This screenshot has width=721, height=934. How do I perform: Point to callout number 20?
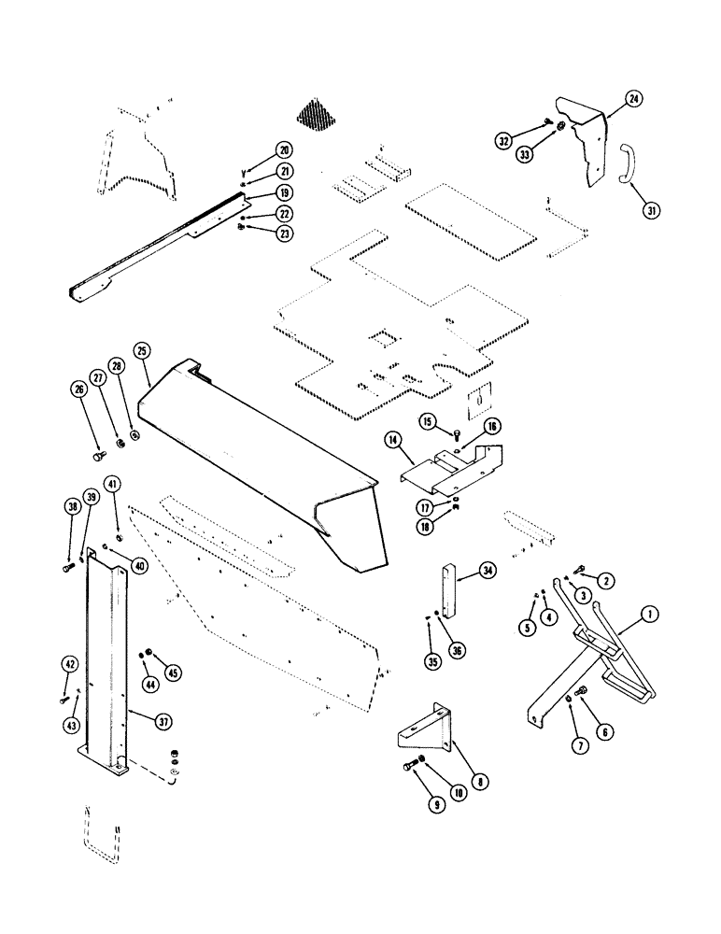coord(283,149)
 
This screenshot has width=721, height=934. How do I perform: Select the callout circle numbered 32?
coord(505,141)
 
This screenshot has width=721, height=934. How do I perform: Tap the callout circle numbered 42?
coord(70,664)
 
